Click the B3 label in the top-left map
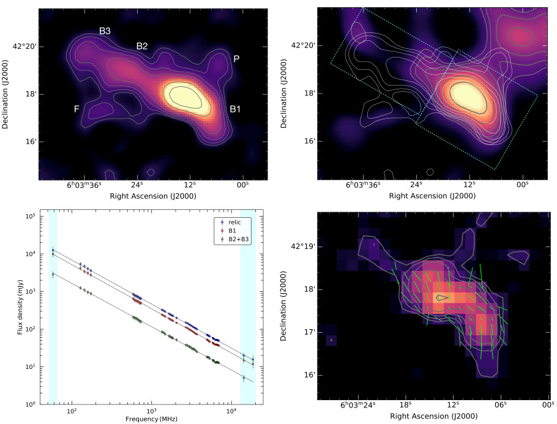[105, 31]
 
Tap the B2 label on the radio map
[142, 46]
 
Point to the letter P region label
[236, 58]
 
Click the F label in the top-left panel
[77, 109]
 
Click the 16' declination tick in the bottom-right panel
[308, 375]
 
